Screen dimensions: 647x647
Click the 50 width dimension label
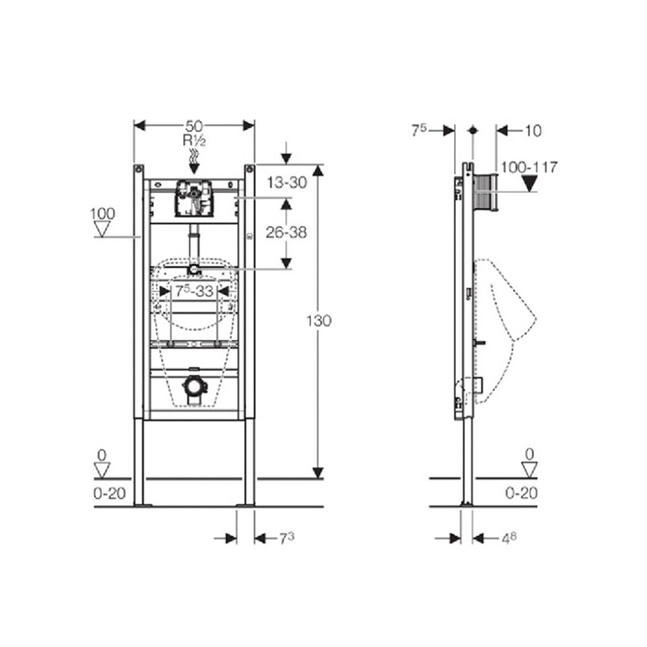click(194, 126)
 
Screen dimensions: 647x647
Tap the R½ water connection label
click(194, 140)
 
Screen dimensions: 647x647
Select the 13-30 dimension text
click(287, 182)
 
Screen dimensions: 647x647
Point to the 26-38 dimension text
click(287, 232)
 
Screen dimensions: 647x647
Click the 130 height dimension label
click(318, 321)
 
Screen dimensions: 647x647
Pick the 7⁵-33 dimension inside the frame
click(194, 291)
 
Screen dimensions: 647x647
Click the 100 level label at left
click(102, 214)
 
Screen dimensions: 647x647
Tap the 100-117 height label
click(529, 167)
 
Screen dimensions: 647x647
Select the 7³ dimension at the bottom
click(287, 538)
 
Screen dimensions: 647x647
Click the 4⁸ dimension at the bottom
click(509, 538)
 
